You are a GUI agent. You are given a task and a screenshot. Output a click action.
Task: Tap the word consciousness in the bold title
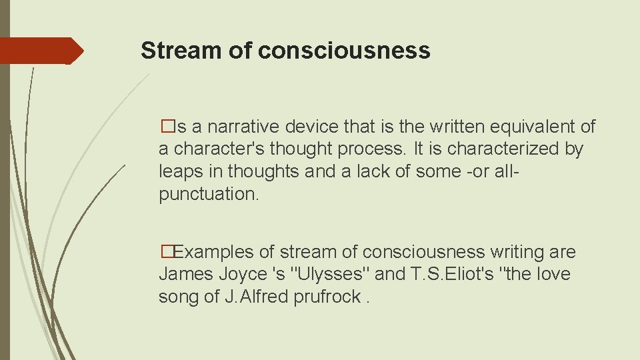[x=344, y=51]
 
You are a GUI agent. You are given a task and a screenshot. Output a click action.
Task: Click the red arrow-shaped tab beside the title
[x=40, y=51]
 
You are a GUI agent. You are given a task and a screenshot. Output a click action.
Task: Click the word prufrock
[x=328, y=297]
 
